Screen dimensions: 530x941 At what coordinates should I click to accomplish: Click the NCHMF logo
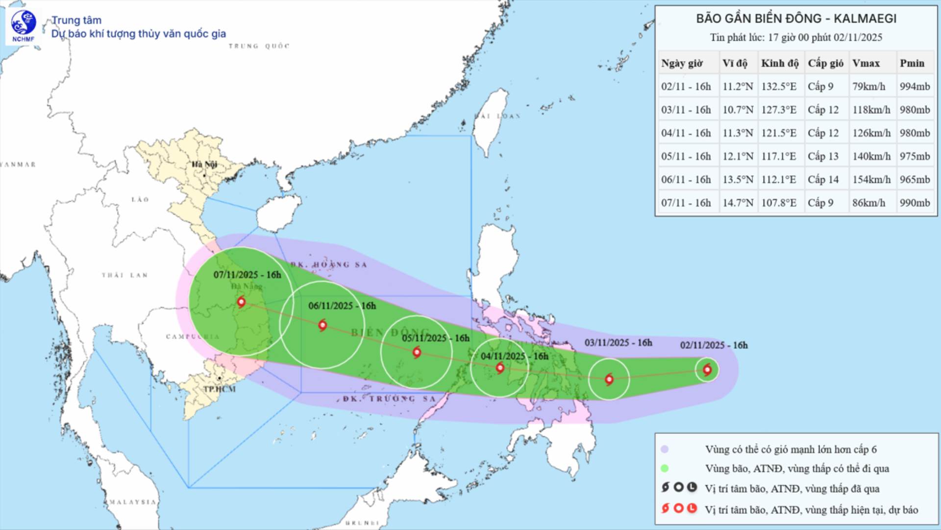[x=24, y=26]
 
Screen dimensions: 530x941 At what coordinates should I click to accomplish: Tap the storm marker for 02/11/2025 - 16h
[x=707, y=370]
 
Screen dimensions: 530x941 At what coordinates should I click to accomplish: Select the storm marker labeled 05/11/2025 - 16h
[x=417, y=352]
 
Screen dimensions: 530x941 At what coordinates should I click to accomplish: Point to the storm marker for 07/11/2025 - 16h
[x=241, y=302]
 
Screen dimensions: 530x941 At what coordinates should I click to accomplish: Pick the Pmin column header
[x=912, y=63]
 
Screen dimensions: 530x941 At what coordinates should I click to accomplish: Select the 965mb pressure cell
[x=915, y=180]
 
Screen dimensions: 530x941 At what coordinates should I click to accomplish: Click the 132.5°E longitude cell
[x=779, y=87]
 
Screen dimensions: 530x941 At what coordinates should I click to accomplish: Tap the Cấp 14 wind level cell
[x=823, y=180]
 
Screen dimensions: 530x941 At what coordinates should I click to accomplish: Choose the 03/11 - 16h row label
[x=686, y=110]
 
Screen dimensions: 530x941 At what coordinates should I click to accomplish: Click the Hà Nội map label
[x=204, y=164]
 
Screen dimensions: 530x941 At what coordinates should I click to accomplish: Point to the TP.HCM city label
[x=220, y=389]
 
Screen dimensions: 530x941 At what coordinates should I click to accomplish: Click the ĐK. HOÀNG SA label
[x=328, y=265]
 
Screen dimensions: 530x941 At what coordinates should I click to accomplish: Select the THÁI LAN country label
[x=124, y=275]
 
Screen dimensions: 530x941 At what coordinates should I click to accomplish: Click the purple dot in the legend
[x=665, y=449]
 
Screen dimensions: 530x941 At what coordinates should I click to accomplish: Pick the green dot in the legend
[x=665, y=468]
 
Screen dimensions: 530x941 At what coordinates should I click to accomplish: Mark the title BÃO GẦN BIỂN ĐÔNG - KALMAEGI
[x=796, y=19]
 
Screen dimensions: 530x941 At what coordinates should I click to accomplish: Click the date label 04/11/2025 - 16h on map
[x=514, y=356]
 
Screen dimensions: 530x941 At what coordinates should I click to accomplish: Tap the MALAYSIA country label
[x=132, y=502]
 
